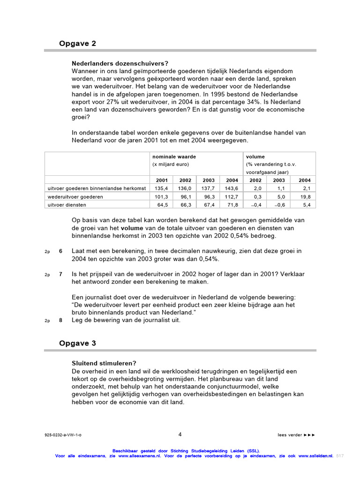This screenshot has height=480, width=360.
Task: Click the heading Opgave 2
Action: point(77,44)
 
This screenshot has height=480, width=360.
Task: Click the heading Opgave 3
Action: point(77,343)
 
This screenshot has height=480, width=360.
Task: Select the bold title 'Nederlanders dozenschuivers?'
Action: point(120,63)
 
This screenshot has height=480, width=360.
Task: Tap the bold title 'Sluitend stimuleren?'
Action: point(104,363)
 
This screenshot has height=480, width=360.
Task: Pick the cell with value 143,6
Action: point(232,188)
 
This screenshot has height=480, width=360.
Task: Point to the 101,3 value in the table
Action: point(161,196)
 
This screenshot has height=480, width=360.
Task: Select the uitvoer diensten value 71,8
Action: point(232,205)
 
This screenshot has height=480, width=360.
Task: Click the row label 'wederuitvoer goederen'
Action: point(75,196)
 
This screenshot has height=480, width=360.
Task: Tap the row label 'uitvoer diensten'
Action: point(67,205)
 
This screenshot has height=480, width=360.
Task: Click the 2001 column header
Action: point(161,180)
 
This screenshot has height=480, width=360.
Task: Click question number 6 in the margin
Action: point(60,251)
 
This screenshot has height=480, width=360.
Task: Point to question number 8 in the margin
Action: point(60,320)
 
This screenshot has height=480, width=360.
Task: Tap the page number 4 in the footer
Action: point(180,434)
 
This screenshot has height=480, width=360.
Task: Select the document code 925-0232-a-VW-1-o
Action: point(63,435)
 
